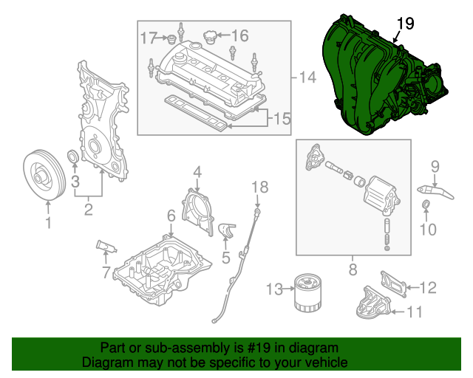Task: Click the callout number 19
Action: tap(404, 24)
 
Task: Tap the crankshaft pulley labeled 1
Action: tap(41, 174)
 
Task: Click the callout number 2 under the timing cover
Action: tap(88, 210)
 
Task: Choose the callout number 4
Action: tap(197, 172)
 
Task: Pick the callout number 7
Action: tap(105, 273)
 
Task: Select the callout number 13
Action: tap(274, 289)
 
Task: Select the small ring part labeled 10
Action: tap(427, 204)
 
